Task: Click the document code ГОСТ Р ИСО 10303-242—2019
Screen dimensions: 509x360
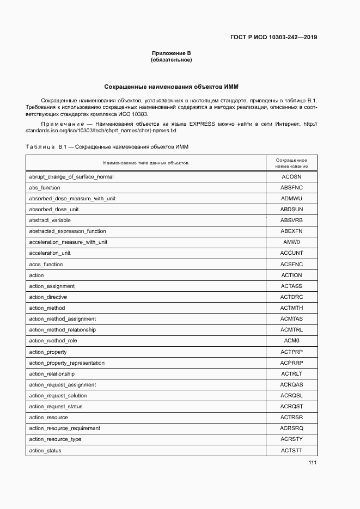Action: (x=274, y=38)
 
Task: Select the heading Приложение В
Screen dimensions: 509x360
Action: (x=171, y=53)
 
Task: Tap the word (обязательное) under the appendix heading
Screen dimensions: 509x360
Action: (x=171, y=60)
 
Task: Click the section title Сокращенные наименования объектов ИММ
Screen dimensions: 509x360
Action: (x=171, y=87)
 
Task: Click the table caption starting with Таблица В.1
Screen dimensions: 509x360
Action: (x=107, y=147)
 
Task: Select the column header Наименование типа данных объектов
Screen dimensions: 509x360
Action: (x=145, y=163)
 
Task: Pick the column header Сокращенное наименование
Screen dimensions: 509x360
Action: (x=291, y=163)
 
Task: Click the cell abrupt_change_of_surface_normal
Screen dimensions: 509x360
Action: (x=71, y=176)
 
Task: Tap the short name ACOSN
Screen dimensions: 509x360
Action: (x=291, y=176)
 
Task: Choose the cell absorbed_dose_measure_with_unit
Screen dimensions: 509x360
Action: (x=72, y=198)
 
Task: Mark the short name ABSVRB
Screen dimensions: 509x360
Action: (x=291, y=220)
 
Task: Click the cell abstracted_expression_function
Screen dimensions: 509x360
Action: (x=68, y=231)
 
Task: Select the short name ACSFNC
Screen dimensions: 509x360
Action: (x=291, y=264)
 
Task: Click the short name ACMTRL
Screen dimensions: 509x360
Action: (x=291, y=330)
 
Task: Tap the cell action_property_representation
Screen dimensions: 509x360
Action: (x=67, y=363)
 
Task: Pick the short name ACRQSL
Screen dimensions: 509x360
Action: (x=291, y=396)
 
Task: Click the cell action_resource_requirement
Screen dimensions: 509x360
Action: (x=65, y=428)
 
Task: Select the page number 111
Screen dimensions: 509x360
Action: (x=312, y=463)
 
